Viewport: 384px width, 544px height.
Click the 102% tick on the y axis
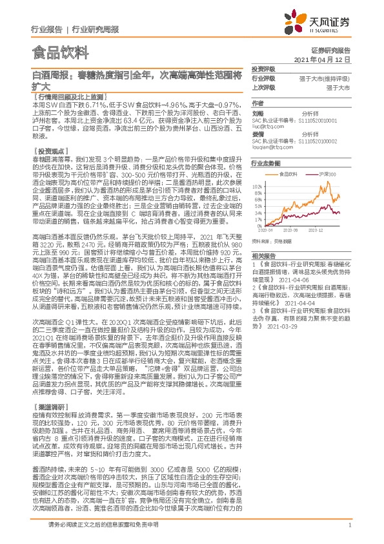point(258,186)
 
